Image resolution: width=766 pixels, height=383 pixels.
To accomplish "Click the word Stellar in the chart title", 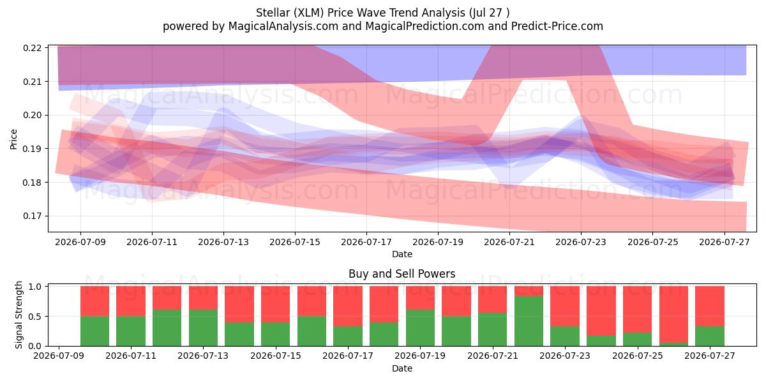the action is tap(271, 13).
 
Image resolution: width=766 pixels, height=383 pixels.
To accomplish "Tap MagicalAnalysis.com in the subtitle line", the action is tap(283, 26).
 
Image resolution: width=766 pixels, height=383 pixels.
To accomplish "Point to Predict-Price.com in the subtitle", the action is tap(557, 26).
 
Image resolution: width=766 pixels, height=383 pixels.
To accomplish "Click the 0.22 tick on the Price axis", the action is tap(33, 48).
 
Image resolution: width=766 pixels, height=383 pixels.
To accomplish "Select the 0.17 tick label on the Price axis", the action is tap(33, 216).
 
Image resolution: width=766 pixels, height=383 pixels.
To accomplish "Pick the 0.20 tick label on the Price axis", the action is tap(33, 116).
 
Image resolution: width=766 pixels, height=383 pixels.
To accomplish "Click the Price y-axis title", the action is tap(13, 140).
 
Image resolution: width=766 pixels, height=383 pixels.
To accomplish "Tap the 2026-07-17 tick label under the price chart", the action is tap(366, 242).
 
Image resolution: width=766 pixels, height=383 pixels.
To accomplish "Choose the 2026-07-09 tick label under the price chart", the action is tap(80, 242).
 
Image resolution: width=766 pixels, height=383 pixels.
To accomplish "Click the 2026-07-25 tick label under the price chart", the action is tap(652, 242).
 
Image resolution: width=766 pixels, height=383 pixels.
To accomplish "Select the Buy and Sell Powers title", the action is tap(402, 274).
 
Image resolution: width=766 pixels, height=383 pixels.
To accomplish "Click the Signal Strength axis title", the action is tap(19, 315).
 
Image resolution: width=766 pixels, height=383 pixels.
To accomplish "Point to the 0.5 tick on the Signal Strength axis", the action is tap(36, 317).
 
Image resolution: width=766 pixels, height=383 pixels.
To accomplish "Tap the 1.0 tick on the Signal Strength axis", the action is tap(36, 287).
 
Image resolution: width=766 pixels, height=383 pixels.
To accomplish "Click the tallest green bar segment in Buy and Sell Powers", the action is tap(529, 321).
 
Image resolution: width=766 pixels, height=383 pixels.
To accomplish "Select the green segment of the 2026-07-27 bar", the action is tap(710, 336).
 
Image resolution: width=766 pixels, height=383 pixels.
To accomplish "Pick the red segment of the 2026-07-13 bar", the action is tap(203, 298).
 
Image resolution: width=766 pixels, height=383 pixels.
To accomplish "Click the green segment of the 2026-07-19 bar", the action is tap(420, 328).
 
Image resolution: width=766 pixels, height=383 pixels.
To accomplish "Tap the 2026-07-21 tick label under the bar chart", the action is tap(492, 356).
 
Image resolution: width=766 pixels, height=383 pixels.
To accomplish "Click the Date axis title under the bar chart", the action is tap(402, 368).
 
